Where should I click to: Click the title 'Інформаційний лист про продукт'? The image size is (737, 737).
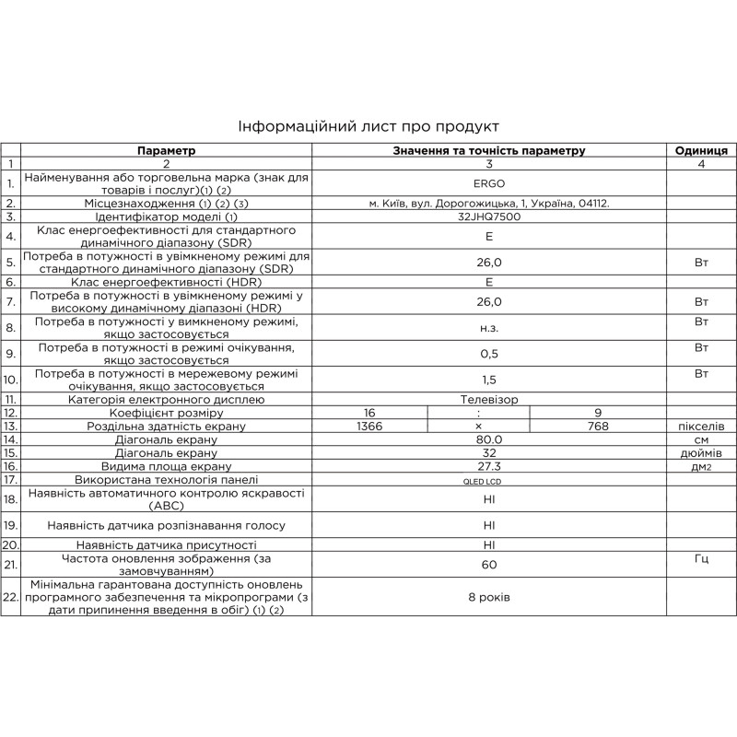click(368, 126)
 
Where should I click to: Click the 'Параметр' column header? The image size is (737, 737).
click(167, 150)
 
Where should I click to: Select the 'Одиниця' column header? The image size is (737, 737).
click(701, 150)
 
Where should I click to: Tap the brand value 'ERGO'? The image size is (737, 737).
click(488, 183)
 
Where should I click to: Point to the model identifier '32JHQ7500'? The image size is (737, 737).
click(488, 216)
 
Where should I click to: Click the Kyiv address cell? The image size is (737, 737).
click(488, 203)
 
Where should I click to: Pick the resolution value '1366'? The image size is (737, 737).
click(368, 427)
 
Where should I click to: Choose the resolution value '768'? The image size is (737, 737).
click(599, 427)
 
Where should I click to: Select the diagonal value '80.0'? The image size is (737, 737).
click(488, 440)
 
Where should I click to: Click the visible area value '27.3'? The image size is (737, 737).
click(488, 467)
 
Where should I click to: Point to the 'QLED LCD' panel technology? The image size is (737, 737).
click(488, 480)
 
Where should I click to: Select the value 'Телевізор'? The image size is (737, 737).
click(488, 400)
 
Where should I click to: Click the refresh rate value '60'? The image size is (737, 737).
click(488, 565)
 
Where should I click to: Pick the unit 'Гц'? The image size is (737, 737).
click(701, 559)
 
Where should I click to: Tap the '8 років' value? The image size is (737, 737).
click(488, 597)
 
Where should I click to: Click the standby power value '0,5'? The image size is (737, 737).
click(488, 354)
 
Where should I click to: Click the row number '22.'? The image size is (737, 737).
click(11, 597)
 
